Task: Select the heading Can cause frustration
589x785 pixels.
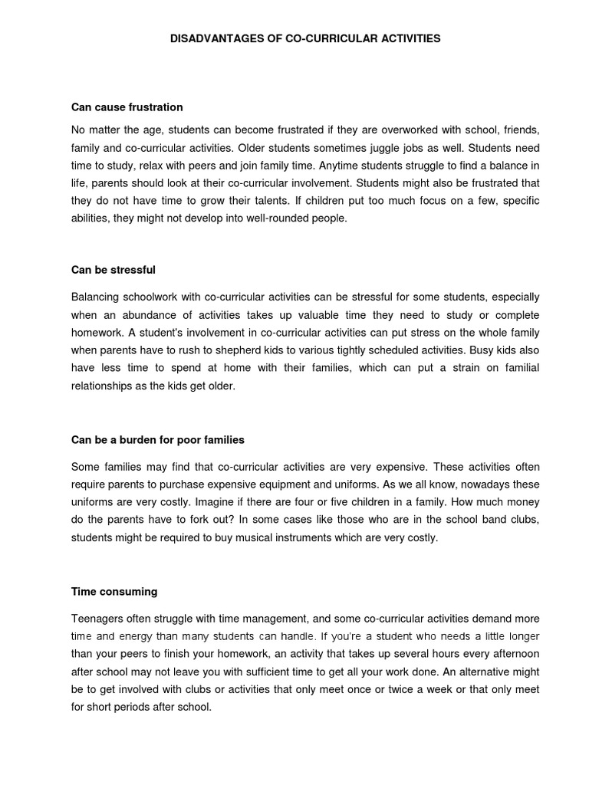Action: coord(127,107)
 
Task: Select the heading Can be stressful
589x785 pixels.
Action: coord(113,270)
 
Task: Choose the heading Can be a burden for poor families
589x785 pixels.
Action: coord(158,439)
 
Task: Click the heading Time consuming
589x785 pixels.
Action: coord(114,591)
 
